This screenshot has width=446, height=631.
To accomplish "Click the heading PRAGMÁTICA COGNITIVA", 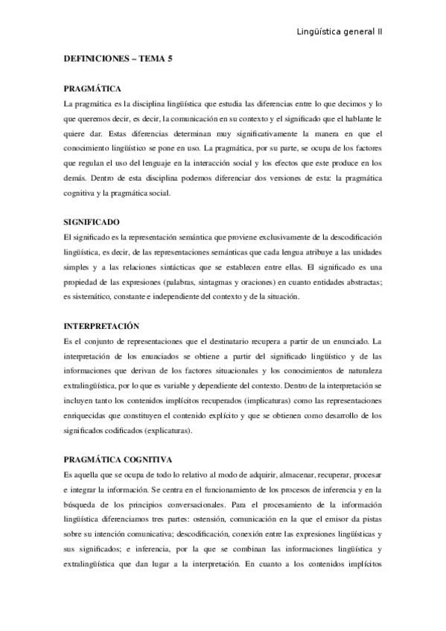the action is (118, 461).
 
